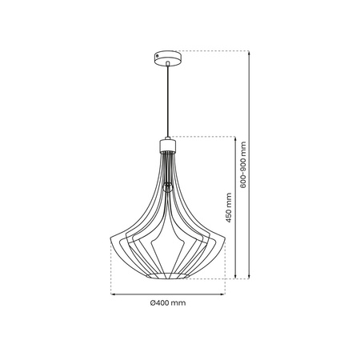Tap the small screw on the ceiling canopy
pyautogui.click(x=168, y=58)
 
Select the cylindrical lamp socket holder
pyautogui.click(x=168, y=145)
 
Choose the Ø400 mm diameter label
pyautogui.click(x=168, y=304)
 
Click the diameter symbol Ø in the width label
pyautogui.click(x=153, y=304)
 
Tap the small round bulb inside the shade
pyautogui.click(x=168, y=187)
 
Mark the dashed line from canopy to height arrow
pyautogui.click(x=216, y=50)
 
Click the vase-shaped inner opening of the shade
pyautogui.click(x=168, y=240)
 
